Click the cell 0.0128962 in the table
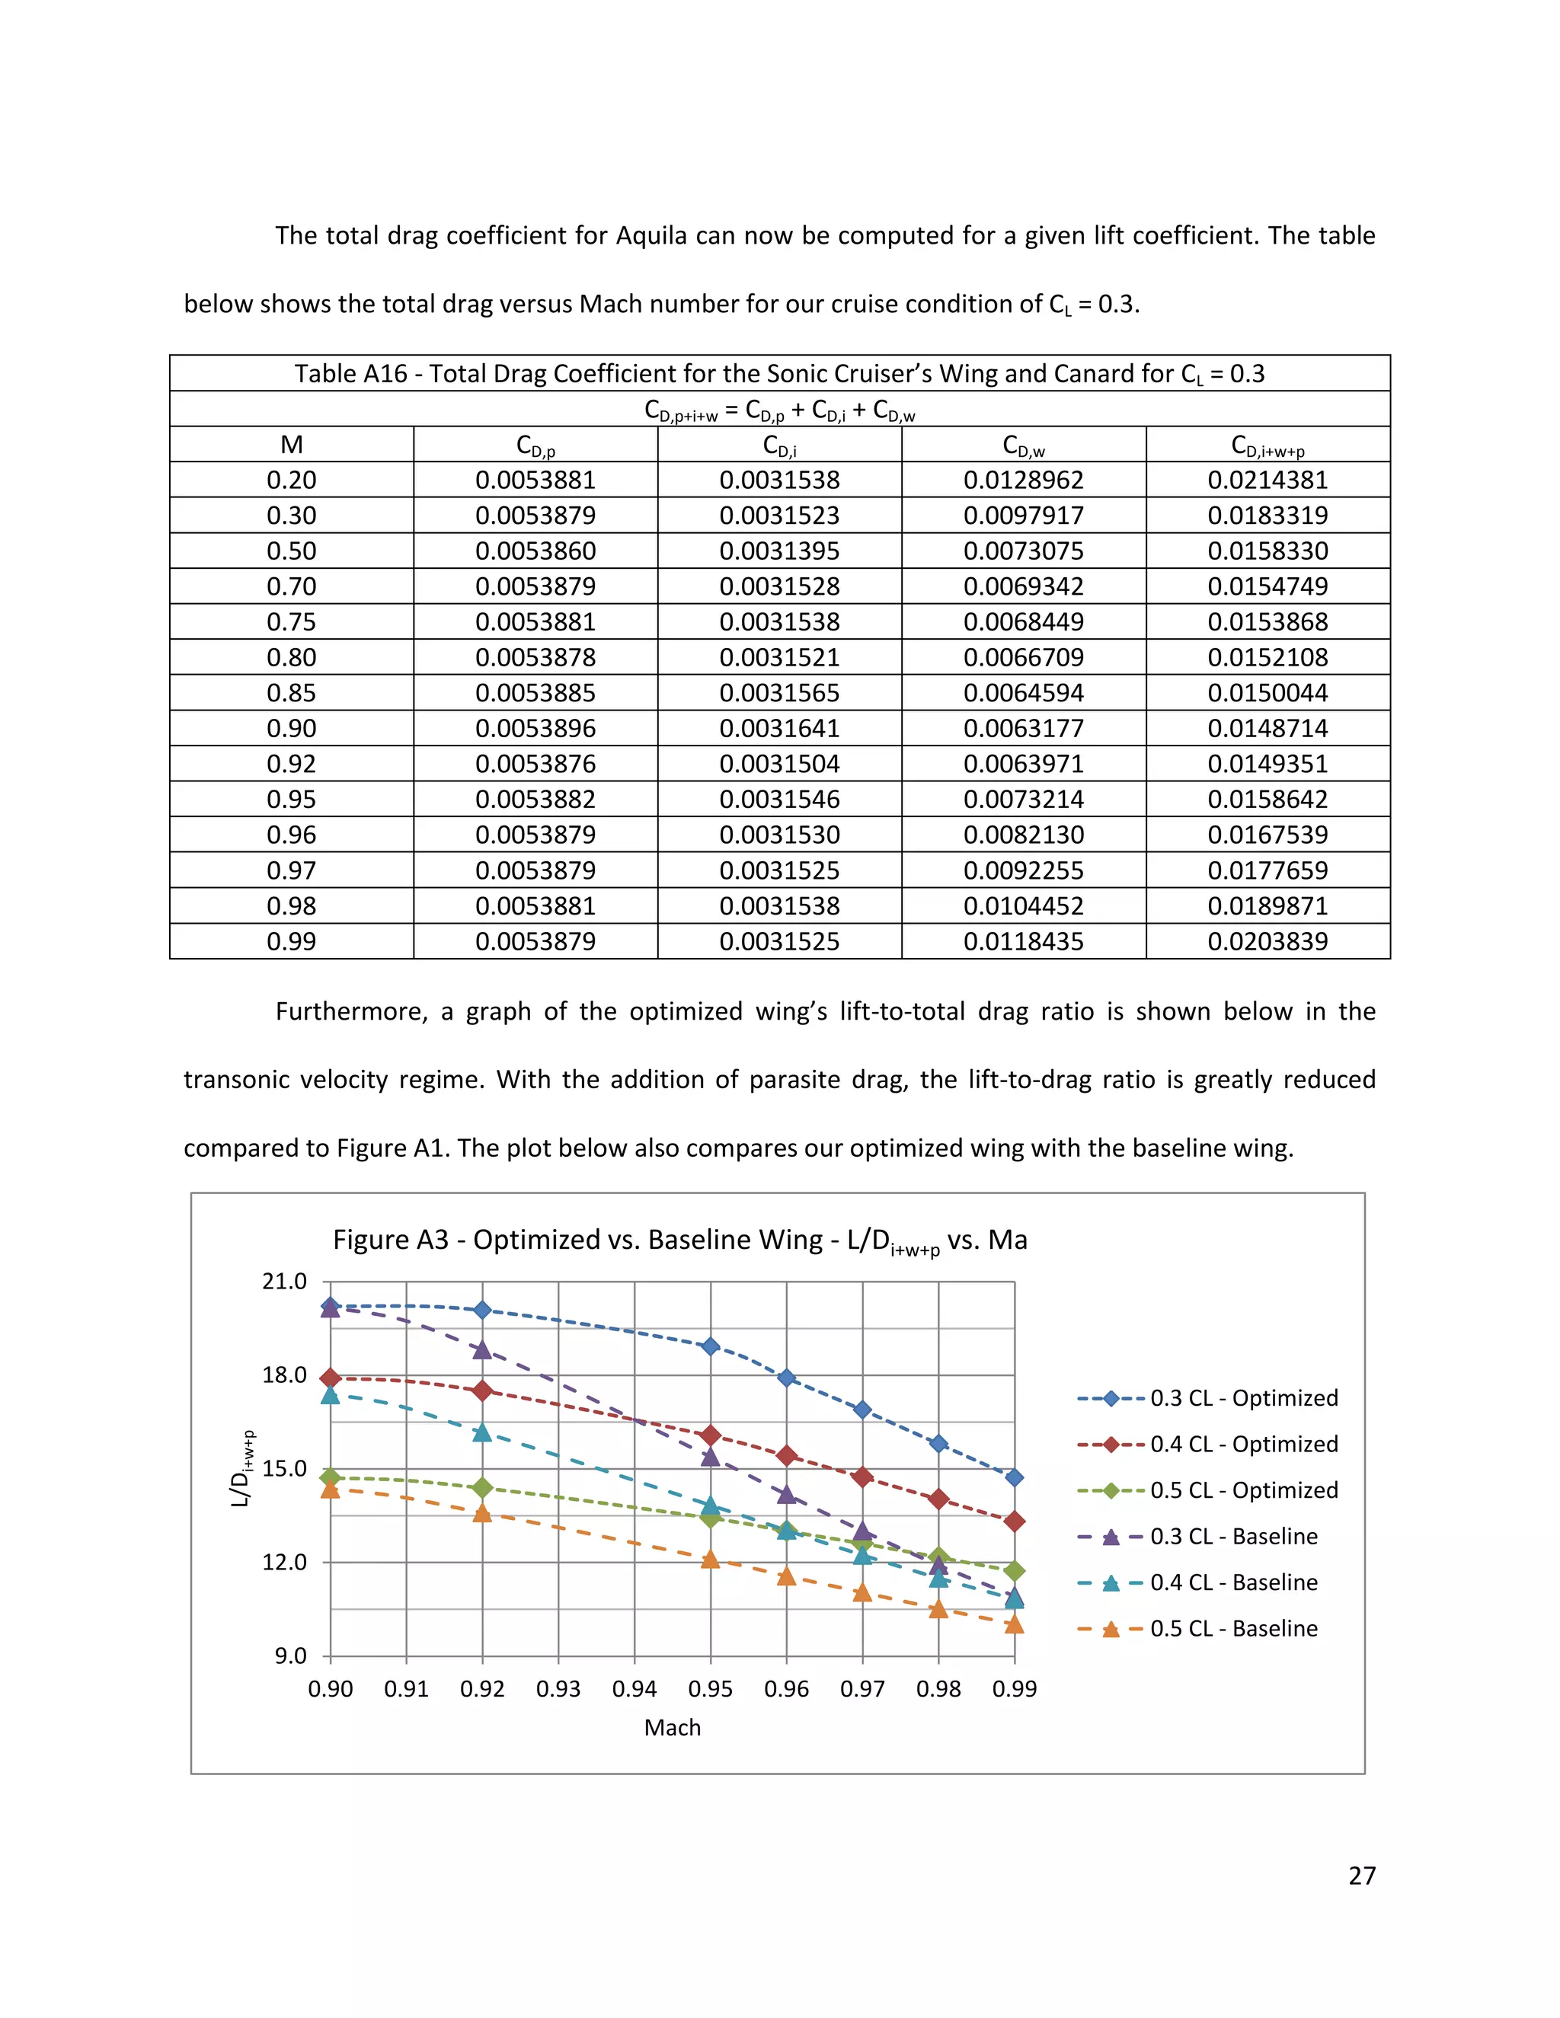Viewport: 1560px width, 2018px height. [x=1023, y=481]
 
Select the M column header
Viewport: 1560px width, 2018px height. [x=291, y=445]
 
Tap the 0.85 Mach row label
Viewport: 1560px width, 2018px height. [x=291, y=693]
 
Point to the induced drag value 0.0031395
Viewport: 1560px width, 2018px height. [x=779, y=551]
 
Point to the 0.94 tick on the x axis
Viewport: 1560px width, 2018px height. [x=634, y=1689]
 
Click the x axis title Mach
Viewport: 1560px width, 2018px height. [x=672, y=1728]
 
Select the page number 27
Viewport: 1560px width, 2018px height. [x=1361, y=1876]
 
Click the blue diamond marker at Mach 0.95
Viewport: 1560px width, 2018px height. [x=711, y=1346]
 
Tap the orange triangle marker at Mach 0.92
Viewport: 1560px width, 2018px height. [x=481, y=1512]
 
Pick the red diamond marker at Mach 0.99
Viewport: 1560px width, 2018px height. [x=1014, y=1521]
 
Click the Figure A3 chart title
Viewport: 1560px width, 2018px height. [x=679, y=1240]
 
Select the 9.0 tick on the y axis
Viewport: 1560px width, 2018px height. [x=290, y=1656]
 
